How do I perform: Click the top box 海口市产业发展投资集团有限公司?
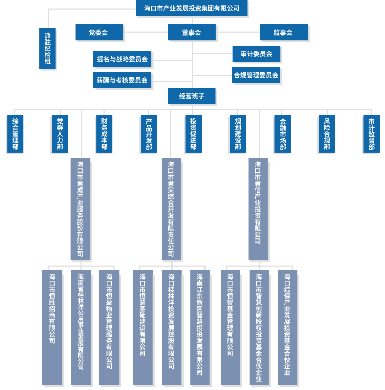[x=191, y=9]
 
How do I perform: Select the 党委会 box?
[x=99, y=32]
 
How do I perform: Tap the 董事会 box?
[x=192, y=32]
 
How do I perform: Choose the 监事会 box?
[x=284, y=32]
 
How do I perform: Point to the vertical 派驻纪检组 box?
[x=47, y=48]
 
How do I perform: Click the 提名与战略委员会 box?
[x=122, y=59]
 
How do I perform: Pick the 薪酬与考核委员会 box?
[x=122, y=80]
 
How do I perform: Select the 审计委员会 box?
[x=256, y=54]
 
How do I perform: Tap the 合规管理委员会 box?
[x=256, y=75]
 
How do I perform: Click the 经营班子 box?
[x=191, y=96]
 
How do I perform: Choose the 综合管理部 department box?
[x=15, y=134]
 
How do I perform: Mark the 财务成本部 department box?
[x=104, y=134]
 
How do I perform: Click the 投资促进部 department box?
[x=193, y=134]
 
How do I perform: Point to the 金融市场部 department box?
[x=283, y=134]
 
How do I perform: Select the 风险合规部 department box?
[x=327, y=134]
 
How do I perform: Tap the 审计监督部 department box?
[x=371, y=134]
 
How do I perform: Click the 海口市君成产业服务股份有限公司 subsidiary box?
[x=80, y=208]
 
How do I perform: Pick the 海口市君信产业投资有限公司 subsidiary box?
[x=258, y=208]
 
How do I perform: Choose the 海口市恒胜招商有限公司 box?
[x=52, y=327]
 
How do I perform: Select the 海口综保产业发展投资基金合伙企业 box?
[x=287, y=327]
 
